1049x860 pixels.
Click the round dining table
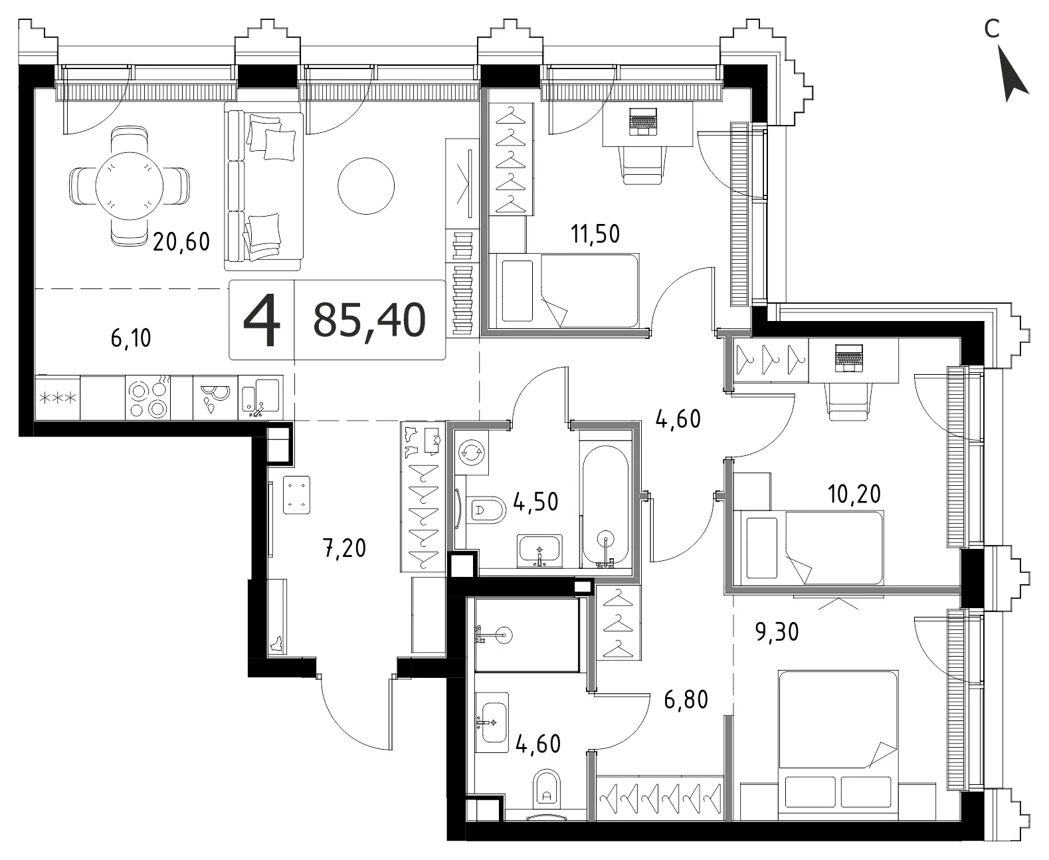[129, 186]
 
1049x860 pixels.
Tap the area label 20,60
[181, 242]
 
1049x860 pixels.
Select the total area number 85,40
[369, 320]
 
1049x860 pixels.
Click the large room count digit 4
[262, 320]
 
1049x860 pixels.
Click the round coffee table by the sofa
[366, 186]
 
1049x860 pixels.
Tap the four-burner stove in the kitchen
[147, 397]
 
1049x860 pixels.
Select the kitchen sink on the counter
[260, 397]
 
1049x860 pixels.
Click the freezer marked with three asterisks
[57, 397]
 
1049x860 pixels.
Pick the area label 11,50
[595, 234]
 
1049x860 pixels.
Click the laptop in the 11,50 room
[642, 122]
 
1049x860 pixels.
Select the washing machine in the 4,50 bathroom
[472, 453]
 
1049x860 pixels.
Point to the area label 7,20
[344, 548]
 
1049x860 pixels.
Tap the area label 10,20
[854, 494]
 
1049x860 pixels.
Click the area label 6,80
[686, 700]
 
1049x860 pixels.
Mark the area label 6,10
[131, 338]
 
